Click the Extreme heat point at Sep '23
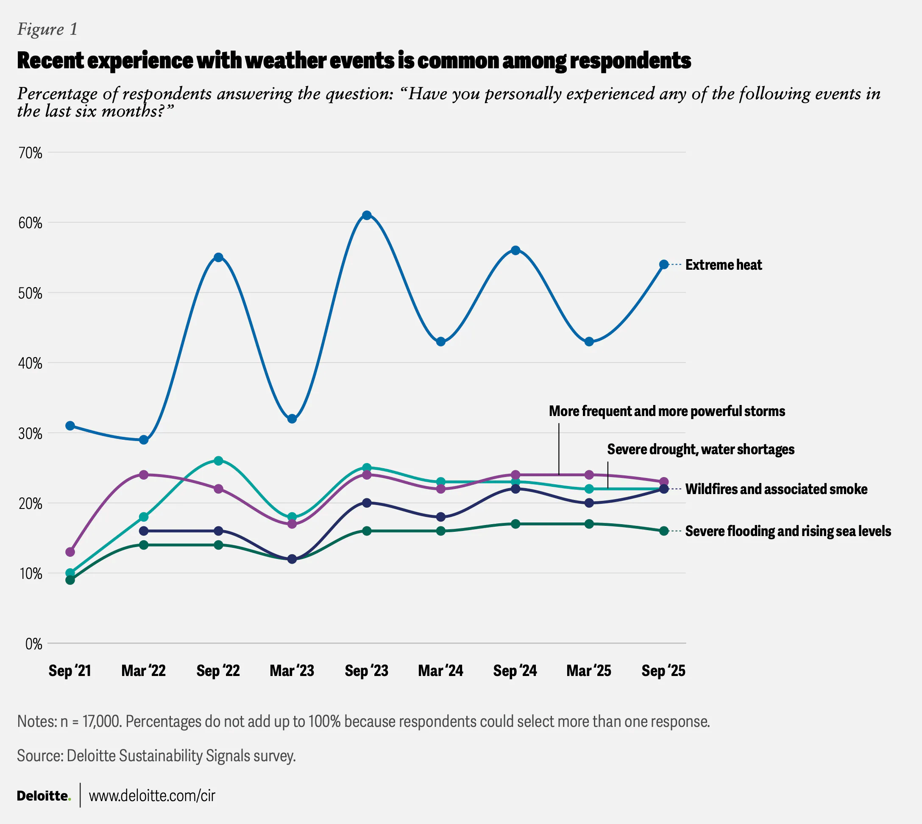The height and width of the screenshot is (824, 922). [367, 215]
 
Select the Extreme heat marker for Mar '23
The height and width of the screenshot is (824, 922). [292, 419]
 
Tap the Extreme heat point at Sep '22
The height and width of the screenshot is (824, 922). [218, 257]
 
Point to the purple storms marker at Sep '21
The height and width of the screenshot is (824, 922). [70, 552]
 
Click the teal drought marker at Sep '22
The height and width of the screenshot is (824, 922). [218, 461]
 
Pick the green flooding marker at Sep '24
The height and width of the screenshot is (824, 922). [515, 524]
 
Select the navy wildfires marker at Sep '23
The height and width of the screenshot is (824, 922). [367, 503]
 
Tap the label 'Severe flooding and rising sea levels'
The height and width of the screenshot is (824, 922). [788, 531]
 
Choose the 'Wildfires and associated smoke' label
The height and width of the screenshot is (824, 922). [776, 489]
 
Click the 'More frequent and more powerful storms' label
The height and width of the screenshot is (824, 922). [667, 411]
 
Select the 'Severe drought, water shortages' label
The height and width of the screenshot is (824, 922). [700, 449]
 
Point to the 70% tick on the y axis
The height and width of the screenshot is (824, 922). [31, 153]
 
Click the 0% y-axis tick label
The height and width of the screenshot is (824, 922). [33, 644]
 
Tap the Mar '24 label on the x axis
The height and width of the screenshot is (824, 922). [440, 670]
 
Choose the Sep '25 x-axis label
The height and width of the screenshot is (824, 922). [663, 670]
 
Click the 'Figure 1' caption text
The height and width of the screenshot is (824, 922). [47, 29]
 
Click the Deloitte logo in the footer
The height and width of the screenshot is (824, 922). [44, 796]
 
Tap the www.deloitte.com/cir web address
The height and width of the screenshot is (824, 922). [152, 796]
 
